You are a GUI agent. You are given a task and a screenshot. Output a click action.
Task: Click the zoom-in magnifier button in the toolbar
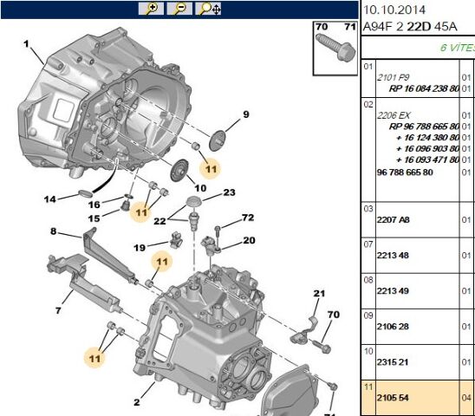(x=151, y=9)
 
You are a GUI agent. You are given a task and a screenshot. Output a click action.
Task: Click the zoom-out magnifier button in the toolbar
(x=179, y=9)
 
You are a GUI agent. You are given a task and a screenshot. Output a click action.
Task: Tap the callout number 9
(x=246, y=114)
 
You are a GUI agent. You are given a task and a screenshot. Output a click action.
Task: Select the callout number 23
(x=230, y=192)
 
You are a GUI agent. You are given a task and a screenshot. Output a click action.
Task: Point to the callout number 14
(x=49, y=199)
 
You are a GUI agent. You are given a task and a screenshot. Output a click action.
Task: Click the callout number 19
(x=140, y=248)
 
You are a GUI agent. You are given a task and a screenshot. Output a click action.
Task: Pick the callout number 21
(x=319, y=293)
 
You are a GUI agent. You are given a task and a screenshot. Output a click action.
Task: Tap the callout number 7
(x=58, y=310)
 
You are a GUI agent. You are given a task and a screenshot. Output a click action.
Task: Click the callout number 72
(x=248, y=218)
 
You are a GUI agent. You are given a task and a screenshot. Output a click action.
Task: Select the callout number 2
(x=137, y=402)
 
